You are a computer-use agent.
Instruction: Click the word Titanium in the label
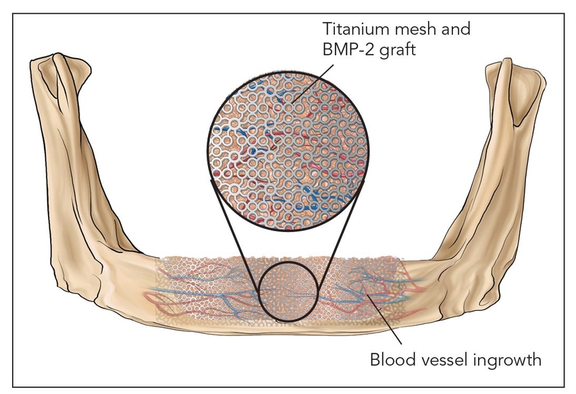coord(350,30)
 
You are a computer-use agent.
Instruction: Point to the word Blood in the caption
coord(391,360)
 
